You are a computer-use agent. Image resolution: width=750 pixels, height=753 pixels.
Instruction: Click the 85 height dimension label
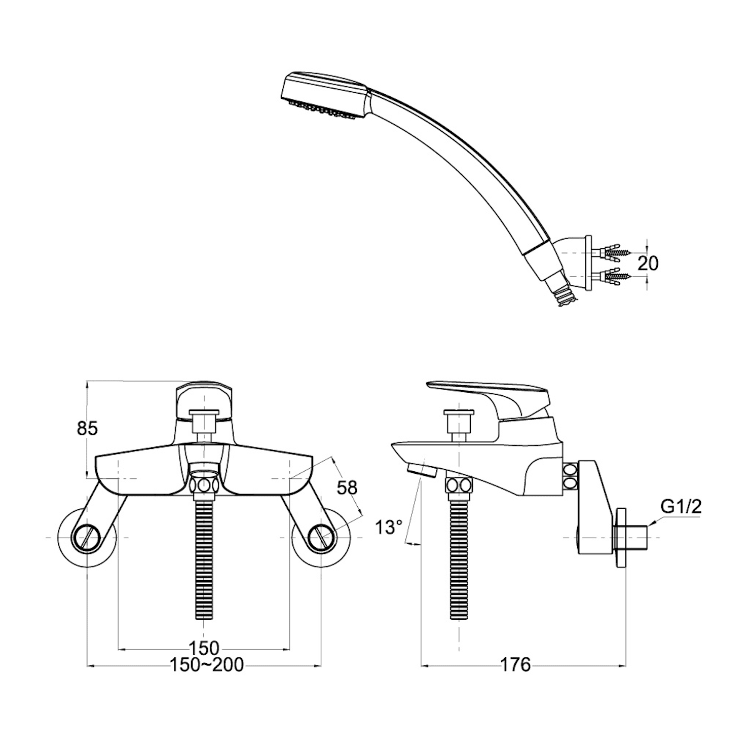point(87,428)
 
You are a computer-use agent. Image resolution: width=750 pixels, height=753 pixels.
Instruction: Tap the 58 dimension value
point(347,487)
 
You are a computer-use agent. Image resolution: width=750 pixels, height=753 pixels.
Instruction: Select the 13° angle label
point(389,527)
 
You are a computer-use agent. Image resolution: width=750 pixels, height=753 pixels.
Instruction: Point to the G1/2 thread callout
point(682,506)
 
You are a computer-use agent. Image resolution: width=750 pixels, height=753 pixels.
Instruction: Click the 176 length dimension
point(515,664)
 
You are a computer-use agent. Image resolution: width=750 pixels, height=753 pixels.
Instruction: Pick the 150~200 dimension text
point(206,665)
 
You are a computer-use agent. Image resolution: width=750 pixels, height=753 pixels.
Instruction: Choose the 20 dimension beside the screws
point(648,263)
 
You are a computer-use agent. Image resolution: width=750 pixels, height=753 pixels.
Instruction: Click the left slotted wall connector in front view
point(88,537)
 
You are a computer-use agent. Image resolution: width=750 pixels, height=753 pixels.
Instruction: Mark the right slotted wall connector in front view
point(321,537)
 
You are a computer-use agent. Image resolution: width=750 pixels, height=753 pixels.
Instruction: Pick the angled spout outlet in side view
point(423,470)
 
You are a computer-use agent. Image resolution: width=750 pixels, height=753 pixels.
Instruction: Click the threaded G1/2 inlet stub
point(631,537)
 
